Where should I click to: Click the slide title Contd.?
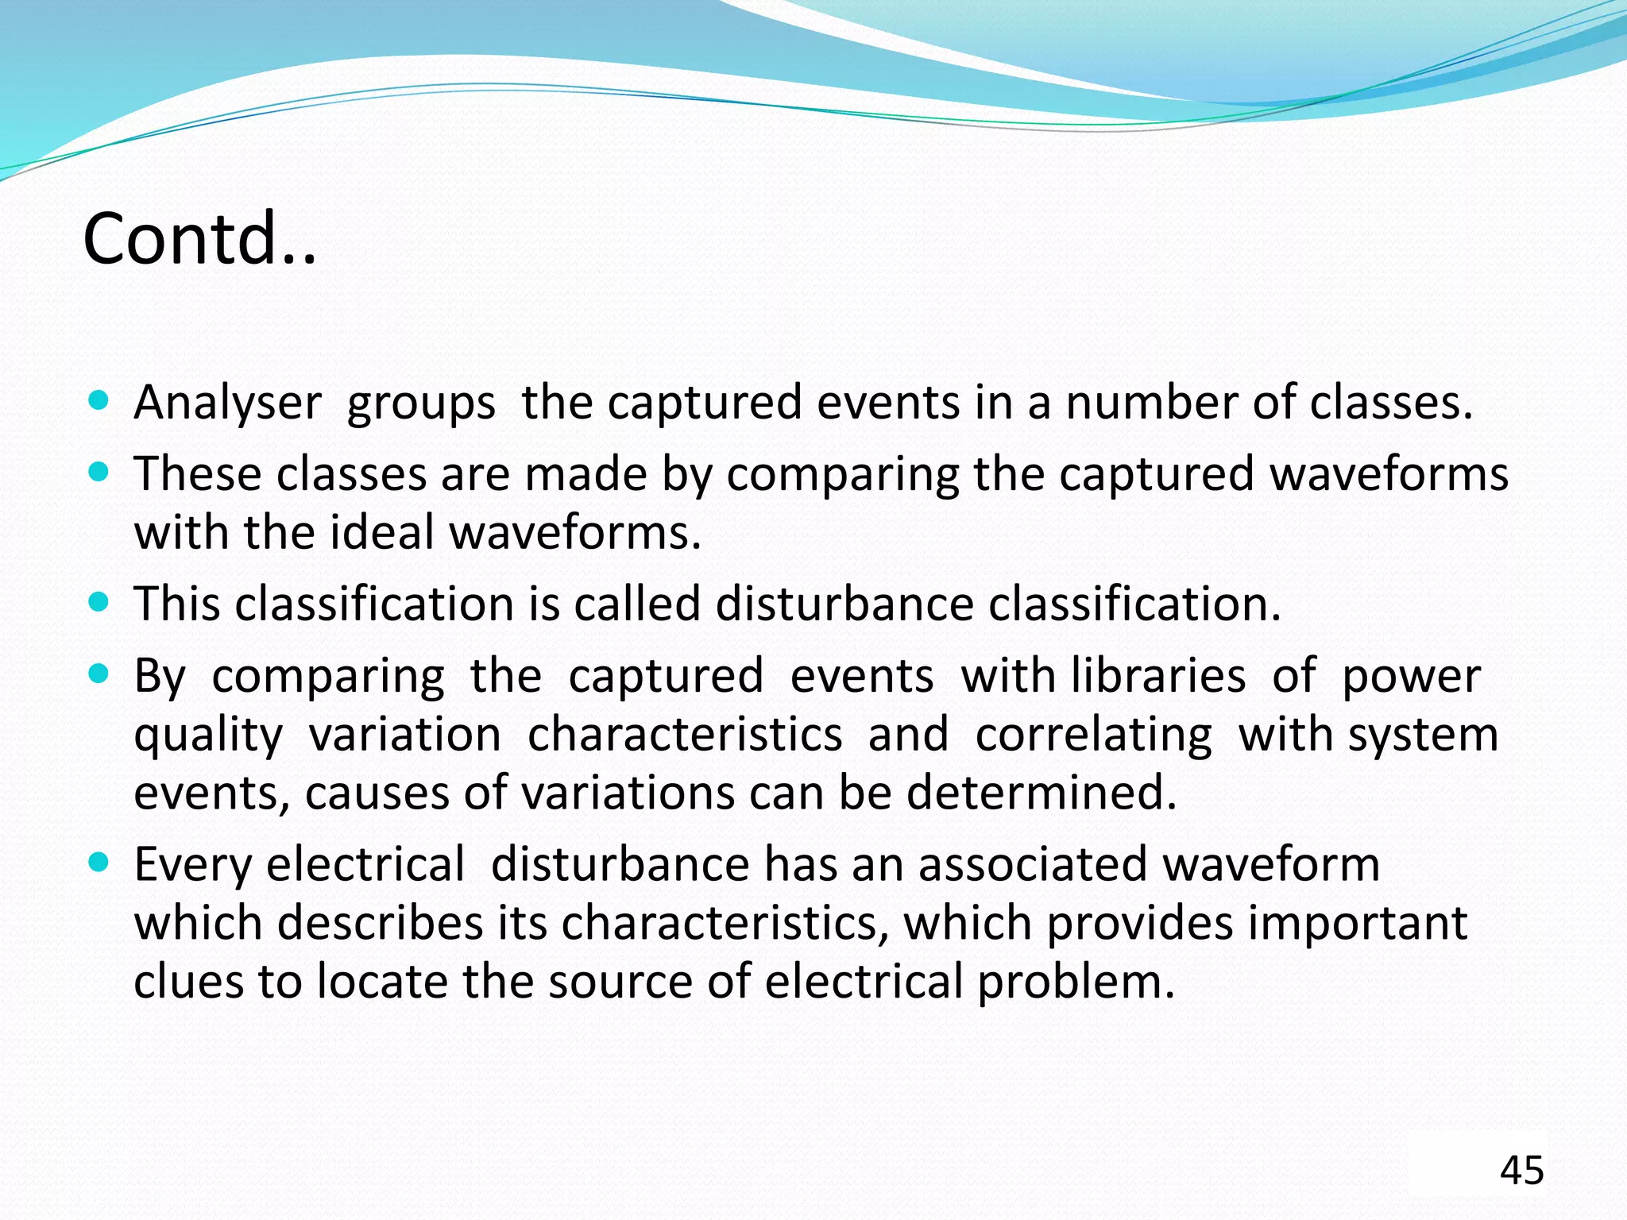click(x=199, y=238)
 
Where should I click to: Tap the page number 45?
click(x=1521, y=1170)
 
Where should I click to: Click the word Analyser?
click(x=227, y=403)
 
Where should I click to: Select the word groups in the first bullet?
click(x=421, y=403)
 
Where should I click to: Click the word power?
click(x=1411, y=676)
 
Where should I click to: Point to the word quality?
click(x=208, y=735)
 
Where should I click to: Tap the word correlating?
click(x=1093, y=735)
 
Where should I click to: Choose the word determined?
click(x=1042, y=793)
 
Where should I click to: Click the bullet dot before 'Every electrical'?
click(x=99, y=863)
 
